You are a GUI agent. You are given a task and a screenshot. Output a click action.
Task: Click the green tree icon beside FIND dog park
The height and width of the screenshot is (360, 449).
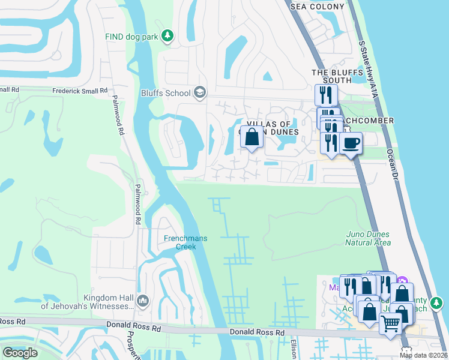pyautogui.click(x=169, y=37)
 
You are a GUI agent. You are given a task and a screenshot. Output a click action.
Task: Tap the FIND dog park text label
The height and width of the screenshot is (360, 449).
pyautogui.click(x=131, y=37)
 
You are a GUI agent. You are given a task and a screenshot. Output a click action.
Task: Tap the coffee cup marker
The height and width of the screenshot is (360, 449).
pyautogui.click(x=351, y=143)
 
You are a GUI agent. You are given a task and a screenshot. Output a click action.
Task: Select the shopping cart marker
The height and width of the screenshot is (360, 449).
pyautogui.click(x=390, y=323)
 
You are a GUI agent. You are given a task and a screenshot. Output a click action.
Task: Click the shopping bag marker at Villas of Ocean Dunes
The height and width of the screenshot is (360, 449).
pyautogui.click(x=252, y=137)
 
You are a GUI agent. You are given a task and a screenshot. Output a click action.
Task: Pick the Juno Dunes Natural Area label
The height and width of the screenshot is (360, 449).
pyautogui.click(x=368, y=238)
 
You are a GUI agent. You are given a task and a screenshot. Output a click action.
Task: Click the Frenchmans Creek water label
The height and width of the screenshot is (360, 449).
pyautogui.click(x=185, y=242)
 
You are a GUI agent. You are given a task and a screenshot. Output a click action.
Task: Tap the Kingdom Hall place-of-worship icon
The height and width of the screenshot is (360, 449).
pyautogui.click(x=143, y=300)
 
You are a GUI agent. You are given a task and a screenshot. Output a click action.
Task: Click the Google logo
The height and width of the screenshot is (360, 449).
pyautogui.click(x=20, y=353)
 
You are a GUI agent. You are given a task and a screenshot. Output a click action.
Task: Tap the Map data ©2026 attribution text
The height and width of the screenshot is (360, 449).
pyautogui.click(x=423, y=355)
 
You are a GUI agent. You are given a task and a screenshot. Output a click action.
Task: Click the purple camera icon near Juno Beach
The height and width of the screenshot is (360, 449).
pyautogui.click(x=403, y=281)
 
